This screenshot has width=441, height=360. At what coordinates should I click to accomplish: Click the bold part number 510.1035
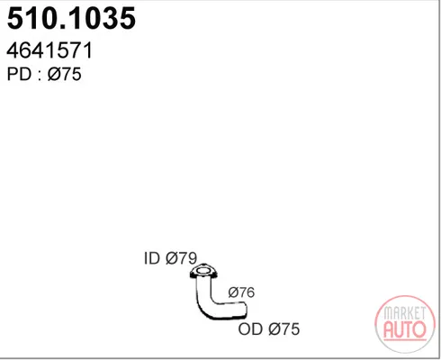pyautogui.click(x=71, y=18)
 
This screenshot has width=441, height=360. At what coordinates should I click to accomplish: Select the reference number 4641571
pyautogui.click(x=49, y=50)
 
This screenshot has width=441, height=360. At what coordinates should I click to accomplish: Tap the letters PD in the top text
pyautogui.click(x=19, y=74)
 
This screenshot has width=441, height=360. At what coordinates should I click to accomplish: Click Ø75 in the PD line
pyautogui.click(x=65, y=74)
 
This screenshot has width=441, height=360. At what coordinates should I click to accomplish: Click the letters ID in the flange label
pyautogui.click(x=152, y=258)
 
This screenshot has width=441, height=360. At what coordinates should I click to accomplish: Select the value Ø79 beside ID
pyautogui.click(x=182, y=258)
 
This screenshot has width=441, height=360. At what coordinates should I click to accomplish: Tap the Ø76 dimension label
pyautogui.click(x=241, y=292)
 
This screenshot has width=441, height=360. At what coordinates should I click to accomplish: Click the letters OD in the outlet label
pyautogui.click(x=250, y=329)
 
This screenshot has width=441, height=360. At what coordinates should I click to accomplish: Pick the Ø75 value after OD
pyautogui.click(x=284, y=329)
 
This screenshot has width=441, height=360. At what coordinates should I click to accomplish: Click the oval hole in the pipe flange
pyautogui.click(x=203, y=271)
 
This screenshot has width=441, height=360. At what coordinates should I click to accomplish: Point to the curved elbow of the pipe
pyautogui.click(x=205, y=309)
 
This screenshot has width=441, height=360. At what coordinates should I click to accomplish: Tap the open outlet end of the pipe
pyautogui.click(x=246, y=310)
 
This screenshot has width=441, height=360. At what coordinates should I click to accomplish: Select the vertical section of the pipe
pyautogui.click(x=203, y=288)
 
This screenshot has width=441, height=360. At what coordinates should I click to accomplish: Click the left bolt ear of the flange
pyautogui.click(x=193, y=274)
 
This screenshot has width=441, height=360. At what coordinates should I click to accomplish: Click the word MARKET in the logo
pyautogui.click(x=405, y=313)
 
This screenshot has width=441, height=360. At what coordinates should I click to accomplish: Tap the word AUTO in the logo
pyautogui.click(x=405, y=329)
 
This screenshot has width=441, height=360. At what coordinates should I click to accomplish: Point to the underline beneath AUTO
pyautogui.click(x=405, y=340)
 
